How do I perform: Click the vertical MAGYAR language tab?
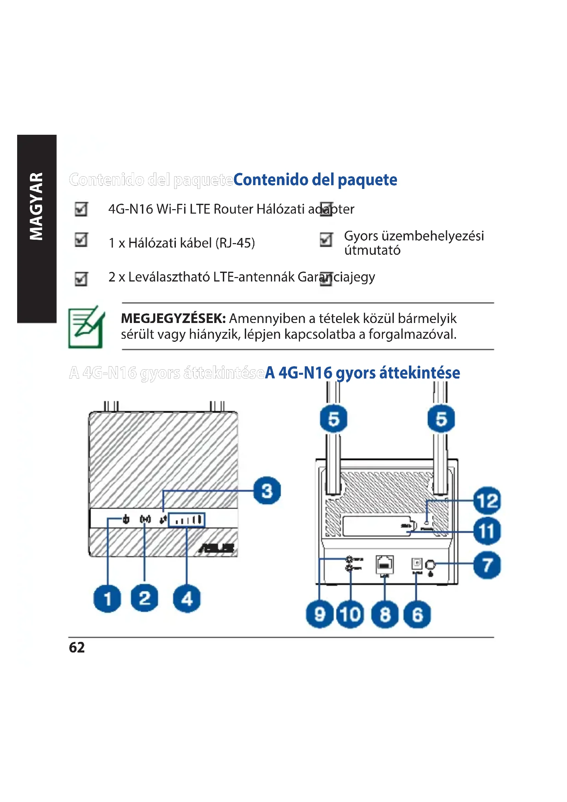(36, 206)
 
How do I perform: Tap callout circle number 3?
(267, 490)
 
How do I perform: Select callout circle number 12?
(487, 501)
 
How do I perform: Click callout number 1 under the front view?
(107, 599)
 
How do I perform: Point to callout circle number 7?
(487, 565)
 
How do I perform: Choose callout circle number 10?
(350, 614)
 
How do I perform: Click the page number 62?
(77, 647)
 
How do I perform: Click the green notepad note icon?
(86, 327)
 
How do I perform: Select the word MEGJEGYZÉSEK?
(173, 319)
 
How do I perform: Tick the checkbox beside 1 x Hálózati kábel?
(81, 240)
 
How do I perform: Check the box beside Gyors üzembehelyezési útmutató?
(326, 240)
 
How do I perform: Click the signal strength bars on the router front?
(187, 520)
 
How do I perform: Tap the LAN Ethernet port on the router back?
(384, 564)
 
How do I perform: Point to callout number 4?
(187, 599)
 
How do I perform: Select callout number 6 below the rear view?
(417, 614)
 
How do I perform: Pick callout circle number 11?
(487, 531)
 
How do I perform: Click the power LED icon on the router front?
(126, 520)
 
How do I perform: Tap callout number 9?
(319, 614)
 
